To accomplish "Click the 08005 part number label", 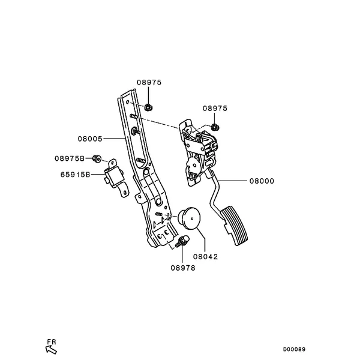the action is coord(90,139).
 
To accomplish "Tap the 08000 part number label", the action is coord(262,181).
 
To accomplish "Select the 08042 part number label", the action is coord(205,257).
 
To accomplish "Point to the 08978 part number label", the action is coord(183,268).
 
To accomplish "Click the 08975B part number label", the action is coord(70,158).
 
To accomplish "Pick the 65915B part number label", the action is coord(76,175).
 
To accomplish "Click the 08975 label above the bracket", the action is coord(149,82).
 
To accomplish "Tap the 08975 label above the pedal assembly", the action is coord(215,109).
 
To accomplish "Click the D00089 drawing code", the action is coord(294,349).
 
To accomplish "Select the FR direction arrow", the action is coord(51,350).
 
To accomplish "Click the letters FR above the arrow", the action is coord(52,342).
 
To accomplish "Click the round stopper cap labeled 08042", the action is coord(190,218).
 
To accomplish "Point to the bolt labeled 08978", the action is coord(182,242).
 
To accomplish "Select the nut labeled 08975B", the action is coord(97,158).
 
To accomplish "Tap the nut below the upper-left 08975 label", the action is coord(149,107).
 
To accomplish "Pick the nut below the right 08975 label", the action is coord(215,127).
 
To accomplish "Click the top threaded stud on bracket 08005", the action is coord(134,116).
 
